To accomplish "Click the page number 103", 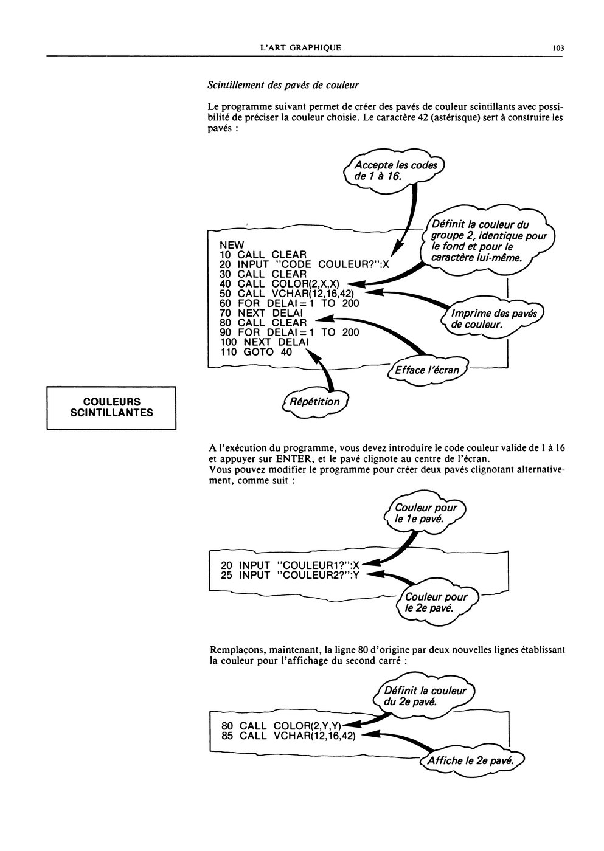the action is (x=558, y=48).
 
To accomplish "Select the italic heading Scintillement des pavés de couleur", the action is (x=283, y=85).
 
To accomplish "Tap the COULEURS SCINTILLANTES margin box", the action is (x=111, y=408).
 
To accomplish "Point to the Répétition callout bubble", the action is (x=315, y=402).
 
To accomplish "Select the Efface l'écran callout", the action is (x=427, y=370).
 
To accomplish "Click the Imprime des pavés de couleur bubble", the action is (x=493, y=319).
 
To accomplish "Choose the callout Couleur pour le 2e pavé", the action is (x=436, y=602).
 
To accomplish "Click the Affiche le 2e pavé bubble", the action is (x=471, y=761).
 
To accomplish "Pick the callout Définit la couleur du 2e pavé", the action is (x=425, y=696).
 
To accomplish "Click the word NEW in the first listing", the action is (x=232, y=245).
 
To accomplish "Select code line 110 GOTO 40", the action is (x=256, y=352).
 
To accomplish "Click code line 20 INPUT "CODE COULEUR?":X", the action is (x=305, y=264).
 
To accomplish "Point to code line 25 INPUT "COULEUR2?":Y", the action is (x=290, y=575).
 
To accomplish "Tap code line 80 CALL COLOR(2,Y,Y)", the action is (x=282, y=726).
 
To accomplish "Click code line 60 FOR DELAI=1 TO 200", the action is (x=290, y=303).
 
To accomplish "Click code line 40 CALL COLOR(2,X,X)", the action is (x=279, y=284).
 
